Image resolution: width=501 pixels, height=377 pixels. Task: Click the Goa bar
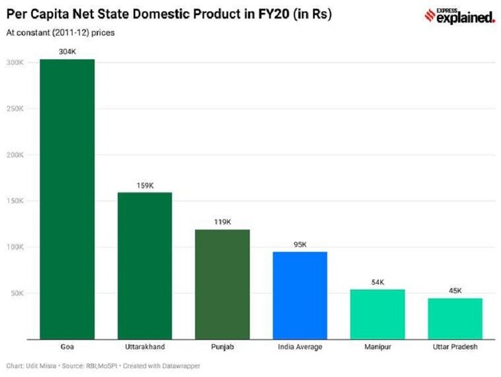pyautogui.click(x=67, y=199)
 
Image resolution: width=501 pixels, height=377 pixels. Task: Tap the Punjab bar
pyautogui.click(x=222, y=284)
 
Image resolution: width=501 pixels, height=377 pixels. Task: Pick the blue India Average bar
pyautogui.click(x=300, y=295)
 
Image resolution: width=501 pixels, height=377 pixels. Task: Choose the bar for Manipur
pyautogui.click(x=377, y=314)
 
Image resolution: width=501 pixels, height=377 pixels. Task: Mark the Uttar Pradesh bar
pyautogui.click(x=455, y=318)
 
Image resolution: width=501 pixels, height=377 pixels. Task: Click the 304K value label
pyautogui.click(x=67, y=51)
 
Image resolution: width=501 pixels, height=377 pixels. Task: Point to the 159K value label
pyautogui.click(x=145, y=185)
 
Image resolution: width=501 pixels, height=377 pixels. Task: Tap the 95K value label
pyautogui.click(x=300, y=244)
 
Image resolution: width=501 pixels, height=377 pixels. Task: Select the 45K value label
pyautogui.click(x=455, y=291)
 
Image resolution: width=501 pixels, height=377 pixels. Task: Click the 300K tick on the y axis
pyautogui.click(x=16, y=62)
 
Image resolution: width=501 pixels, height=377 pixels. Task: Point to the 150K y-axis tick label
pyautogui.click(x=16, y=202)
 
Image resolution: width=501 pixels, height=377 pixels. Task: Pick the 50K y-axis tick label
pyautogui.click(x=18, y=294)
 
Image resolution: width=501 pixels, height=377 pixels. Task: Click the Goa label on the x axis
pyautogui.click(x=67, y=347)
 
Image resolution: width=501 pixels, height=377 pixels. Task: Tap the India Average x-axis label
pyautogui.click(x=300, y=347)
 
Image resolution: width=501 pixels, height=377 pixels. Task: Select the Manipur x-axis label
pyautogui.click(x=377, y=347)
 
